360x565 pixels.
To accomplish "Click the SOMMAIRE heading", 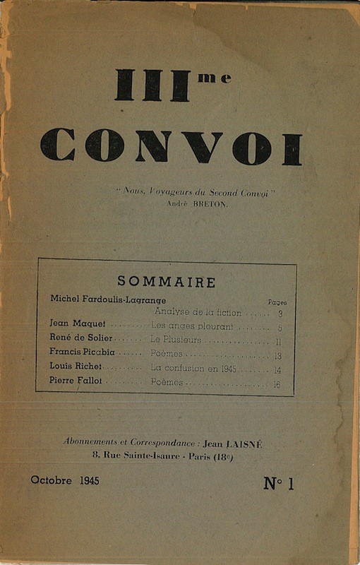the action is pyautogui.click(x=167, y=282).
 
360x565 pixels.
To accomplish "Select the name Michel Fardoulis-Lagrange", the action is pyautogui.click(x=108, y=300).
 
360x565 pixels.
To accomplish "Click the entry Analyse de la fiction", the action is pyautogui.click(x=198, y=312).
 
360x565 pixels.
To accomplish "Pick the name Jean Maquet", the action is pyautogui.click(x=77, y=323).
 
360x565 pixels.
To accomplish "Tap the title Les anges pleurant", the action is pyautogui.click(x=192, y=326).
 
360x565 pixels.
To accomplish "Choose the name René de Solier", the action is pyautogui.click(x=80, y=338).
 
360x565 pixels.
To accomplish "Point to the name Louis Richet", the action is pyautogui.click(x=76, y=367).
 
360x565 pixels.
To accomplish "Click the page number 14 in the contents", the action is pyautogui.click(x=278, y=369).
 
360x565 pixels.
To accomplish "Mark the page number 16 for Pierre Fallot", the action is pyautogui.click(x=278, y=384).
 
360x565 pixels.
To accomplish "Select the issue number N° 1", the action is pyautogui.click(x=278, y=483).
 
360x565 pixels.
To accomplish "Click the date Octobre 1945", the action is pyautogui.click(x=65, y=480).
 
